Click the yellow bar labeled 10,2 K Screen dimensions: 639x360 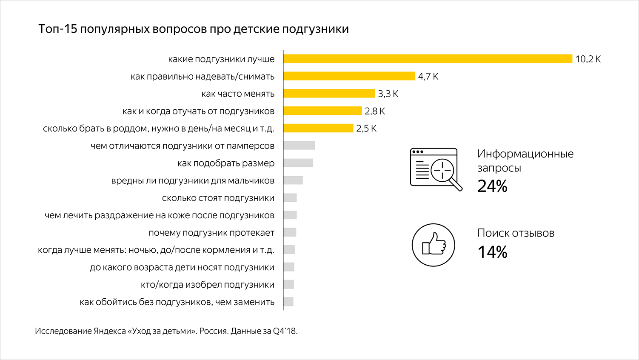428,59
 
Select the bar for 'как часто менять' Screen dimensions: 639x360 329,94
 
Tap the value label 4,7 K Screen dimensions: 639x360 428,77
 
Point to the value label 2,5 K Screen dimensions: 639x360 366,129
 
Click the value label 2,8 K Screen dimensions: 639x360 375,111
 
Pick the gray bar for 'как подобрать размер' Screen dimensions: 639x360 298,163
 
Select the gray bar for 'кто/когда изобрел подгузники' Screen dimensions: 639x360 289,284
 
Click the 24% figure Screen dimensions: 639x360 492,186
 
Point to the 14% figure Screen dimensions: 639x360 492,252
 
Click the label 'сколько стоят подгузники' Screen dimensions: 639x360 218,198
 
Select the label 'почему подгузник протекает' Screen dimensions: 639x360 211,233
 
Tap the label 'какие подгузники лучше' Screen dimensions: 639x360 221,59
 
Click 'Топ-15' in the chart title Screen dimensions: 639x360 58,29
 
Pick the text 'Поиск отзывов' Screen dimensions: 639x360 516,233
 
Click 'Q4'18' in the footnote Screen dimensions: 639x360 285,331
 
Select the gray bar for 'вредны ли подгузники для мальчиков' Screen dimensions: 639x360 293,180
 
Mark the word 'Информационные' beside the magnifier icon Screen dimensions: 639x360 525,154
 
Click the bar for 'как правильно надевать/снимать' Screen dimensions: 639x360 349,76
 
